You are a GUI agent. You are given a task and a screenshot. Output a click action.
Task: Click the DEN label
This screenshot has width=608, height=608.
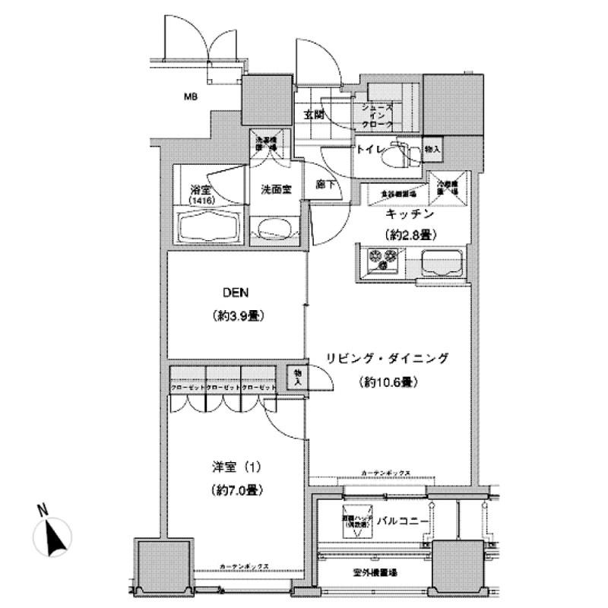(237, 293)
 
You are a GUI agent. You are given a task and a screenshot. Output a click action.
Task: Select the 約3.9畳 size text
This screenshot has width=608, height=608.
(237, 315)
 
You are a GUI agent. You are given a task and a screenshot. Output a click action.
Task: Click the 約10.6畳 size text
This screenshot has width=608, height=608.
(388, 382)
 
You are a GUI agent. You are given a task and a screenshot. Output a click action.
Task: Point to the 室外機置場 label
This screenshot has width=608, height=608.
(376, 572)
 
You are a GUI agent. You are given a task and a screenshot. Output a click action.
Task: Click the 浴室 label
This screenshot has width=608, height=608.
(200, 189)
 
